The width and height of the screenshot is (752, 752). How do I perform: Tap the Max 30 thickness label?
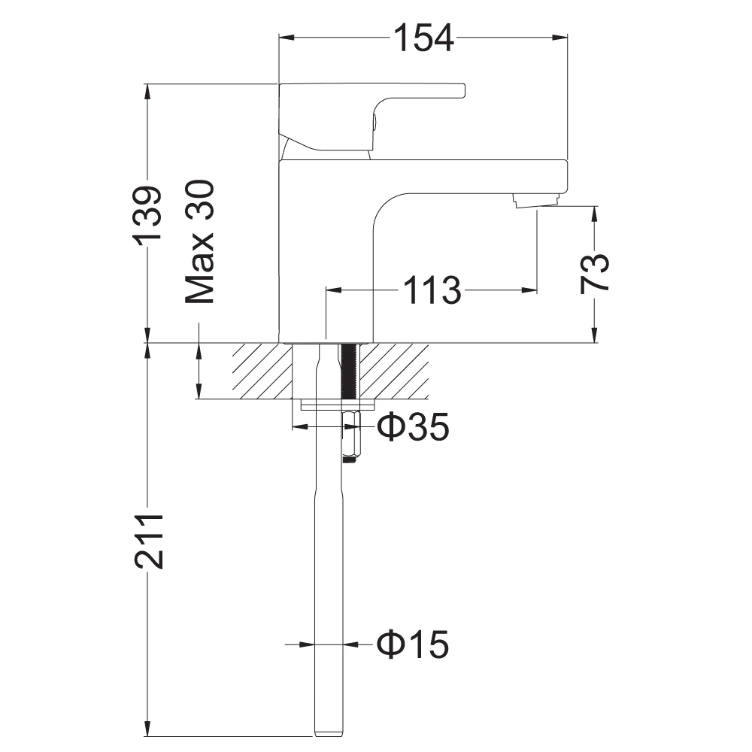[201, 242]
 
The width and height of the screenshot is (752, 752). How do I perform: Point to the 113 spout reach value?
[431, 290]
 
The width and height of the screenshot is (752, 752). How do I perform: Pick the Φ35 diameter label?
[413, 427]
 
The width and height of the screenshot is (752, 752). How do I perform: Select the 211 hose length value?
[148, 541]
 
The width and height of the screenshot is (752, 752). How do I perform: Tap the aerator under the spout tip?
[536, 200]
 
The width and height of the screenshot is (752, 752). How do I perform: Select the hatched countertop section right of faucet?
[396, 371]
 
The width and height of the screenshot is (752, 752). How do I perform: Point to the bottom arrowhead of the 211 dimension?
[148, 729]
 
